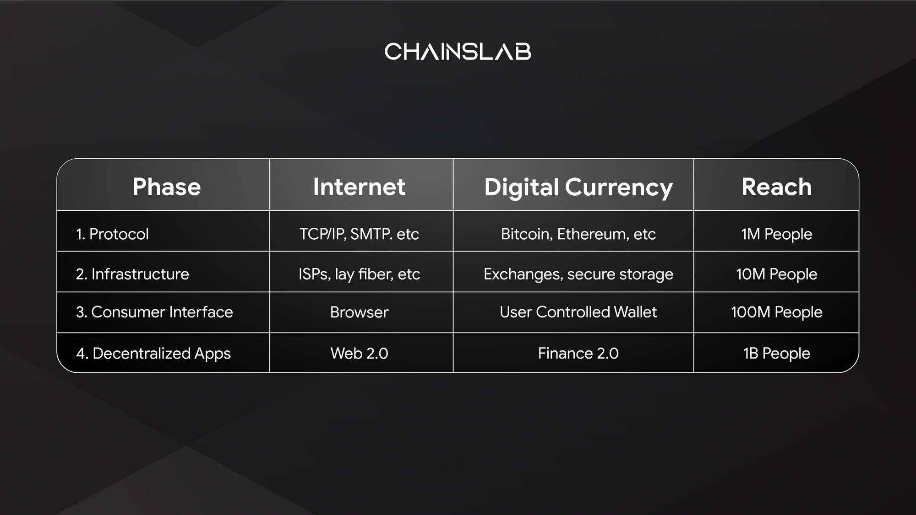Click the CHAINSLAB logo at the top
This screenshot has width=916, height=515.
458,51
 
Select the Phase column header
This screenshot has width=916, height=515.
167,187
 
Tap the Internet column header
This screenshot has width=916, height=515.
359,187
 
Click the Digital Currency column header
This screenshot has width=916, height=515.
578,188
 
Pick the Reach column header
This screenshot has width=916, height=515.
776,187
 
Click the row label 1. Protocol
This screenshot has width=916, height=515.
112,234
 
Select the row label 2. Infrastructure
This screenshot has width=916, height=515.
132,274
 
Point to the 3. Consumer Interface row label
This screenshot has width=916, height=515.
154,312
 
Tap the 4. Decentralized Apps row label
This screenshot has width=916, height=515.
153,354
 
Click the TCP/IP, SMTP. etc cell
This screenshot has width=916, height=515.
359,234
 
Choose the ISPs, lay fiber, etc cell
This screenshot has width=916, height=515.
359,274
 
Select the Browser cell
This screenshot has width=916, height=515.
359,312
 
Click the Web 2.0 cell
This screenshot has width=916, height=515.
359,353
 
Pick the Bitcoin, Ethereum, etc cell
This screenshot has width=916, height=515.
578,234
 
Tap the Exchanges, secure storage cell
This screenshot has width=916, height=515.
578,274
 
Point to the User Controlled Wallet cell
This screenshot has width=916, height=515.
578,312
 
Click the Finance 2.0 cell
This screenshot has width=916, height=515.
578,353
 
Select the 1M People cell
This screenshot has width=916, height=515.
776,234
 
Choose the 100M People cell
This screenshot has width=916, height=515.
776,312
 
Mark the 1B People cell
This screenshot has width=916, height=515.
776,354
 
